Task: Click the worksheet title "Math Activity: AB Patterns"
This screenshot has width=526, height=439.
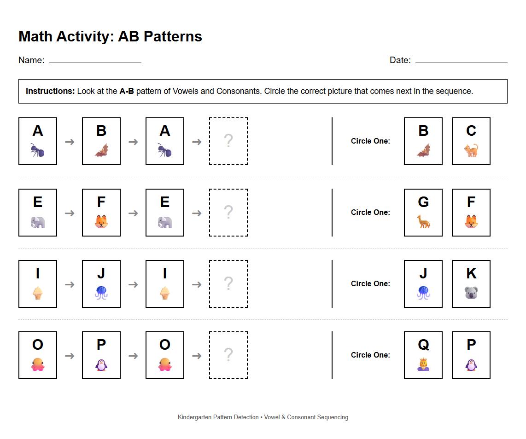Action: click(110, 36)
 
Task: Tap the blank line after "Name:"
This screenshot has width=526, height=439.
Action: click(95, 60)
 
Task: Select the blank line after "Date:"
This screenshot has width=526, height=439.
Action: click(461, 60)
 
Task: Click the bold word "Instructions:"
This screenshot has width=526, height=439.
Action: click(50, 91)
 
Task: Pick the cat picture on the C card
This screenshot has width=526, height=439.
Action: click(471, 150)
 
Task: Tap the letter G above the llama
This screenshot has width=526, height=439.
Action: click(423, 202)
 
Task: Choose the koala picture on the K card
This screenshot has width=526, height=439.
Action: click(471, 293)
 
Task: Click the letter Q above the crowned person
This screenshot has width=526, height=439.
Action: click(423, 345)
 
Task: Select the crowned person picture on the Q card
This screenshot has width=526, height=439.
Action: click(423, 364)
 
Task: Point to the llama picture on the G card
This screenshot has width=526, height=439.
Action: click(423, 222)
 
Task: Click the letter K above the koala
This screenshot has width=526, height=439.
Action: click(471, 273)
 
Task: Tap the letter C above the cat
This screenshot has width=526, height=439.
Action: click(471, 131)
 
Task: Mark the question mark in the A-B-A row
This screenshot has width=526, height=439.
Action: click(228, 141)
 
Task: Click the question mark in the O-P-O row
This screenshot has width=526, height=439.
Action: click(228, 355)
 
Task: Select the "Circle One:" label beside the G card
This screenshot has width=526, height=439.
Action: click(370, 212)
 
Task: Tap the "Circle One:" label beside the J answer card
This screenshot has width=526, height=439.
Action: click(370, 283)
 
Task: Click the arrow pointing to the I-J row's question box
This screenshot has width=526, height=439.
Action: click(197, 284)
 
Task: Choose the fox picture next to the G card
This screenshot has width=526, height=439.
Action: click(471, 222)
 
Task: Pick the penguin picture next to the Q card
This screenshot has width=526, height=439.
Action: click(471, 364)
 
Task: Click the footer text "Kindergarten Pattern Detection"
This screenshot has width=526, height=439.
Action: click(218, 417)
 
